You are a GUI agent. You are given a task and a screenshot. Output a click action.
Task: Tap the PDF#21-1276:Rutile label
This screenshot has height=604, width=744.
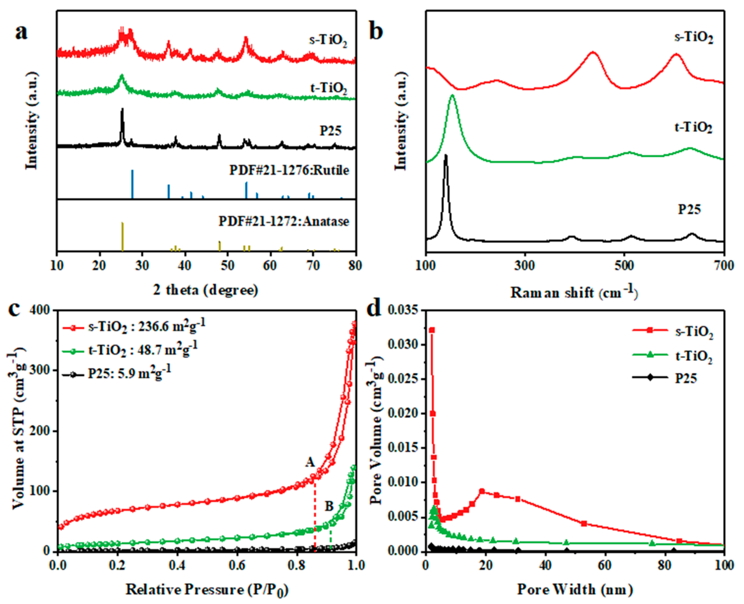[289, 170]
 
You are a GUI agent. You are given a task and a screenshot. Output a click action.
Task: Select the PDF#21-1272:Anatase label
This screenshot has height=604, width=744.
[284, 221]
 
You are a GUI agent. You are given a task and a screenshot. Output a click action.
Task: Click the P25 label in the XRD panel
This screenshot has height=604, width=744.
[330, 131]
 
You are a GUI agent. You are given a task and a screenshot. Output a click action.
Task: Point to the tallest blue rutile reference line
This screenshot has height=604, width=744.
[132, 184]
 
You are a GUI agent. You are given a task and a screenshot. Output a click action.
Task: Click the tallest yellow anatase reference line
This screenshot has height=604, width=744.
[122, 236]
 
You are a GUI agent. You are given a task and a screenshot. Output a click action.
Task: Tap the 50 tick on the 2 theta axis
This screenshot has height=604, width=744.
[227, 266]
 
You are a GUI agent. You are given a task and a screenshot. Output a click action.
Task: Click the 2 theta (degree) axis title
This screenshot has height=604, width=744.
[206, 290]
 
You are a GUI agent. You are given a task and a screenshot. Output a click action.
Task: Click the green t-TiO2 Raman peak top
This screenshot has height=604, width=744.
[452, 95]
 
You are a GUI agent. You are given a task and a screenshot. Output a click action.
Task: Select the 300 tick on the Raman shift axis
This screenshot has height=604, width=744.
[525, 266]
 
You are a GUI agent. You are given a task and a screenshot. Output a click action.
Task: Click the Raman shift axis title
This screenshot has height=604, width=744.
[574, 292]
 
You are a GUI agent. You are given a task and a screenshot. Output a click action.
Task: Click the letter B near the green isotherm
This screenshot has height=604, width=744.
[329, 506]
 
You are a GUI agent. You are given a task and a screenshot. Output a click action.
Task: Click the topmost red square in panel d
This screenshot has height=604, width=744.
[432, 330]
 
